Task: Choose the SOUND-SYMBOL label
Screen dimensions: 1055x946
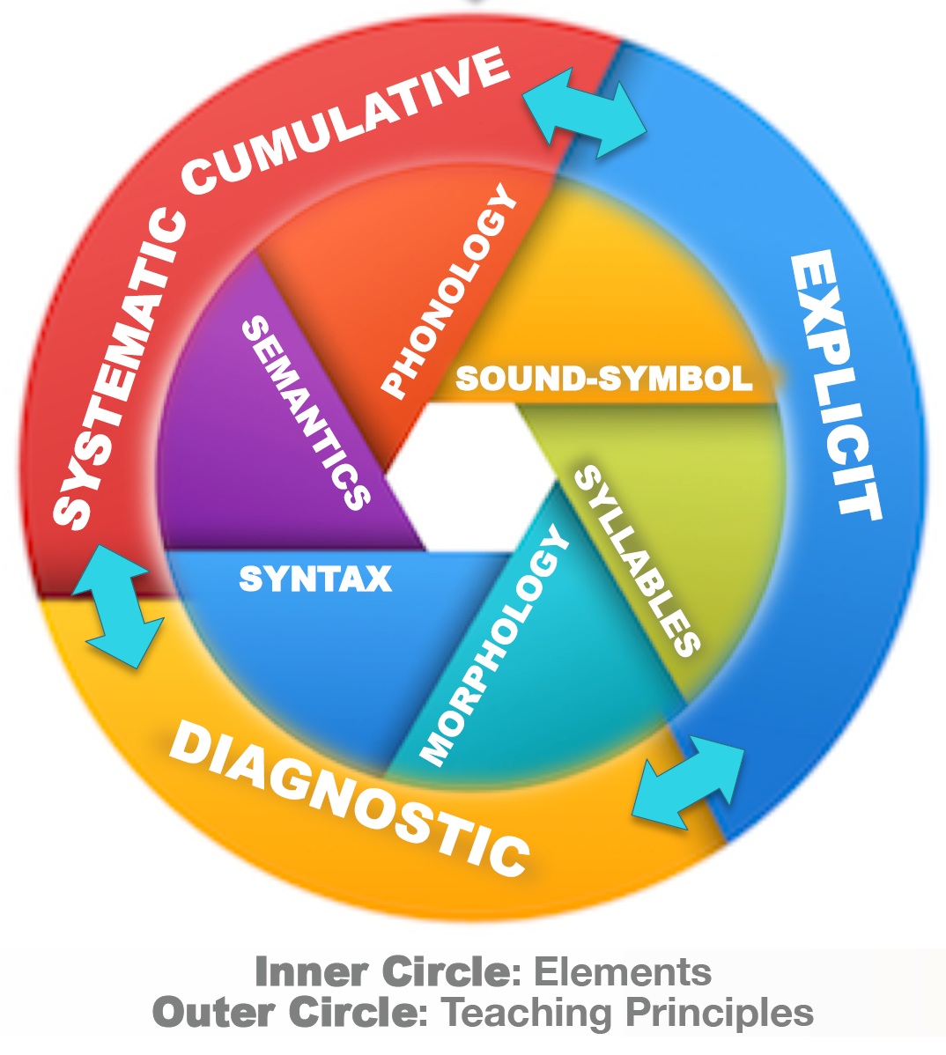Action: tap(603, 379)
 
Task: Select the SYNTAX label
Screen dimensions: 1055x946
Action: tap(315, 579)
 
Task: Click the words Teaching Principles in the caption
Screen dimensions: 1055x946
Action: tap(627, 1014)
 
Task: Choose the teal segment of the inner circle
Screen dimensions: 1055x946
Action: tap(564, 696)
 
